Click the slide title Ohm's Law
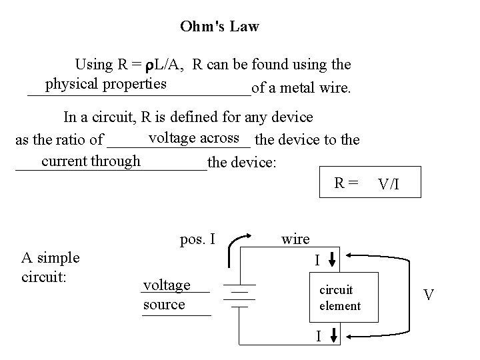point(219,27)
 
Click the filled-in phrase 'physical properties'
point(105,84)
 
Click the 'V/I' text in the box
point(389,183)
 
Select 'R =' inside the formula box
point(347,182)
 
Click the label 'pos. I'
point(197,238)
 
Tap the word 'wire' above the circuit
point(295,239)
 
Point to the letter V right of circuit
point(430,294)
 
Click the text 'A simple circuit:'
point(50,266)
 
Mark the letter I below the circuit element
point(319,336)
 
